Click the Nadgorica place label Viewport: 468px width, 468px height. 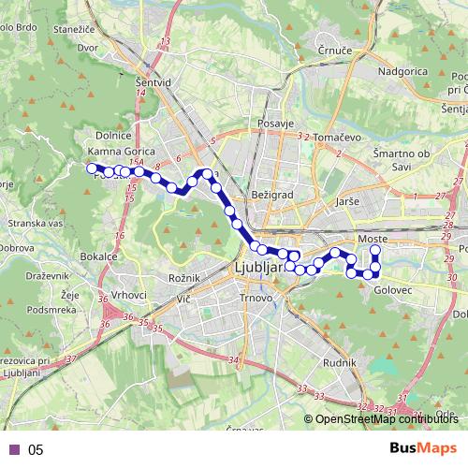[403, 71]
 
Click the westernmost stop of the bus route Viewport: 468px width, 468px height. [92, 168]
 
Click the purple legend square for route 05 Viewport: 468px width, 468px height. [14, 449]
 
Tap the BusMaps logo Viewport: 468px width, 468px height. [423, 448]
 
